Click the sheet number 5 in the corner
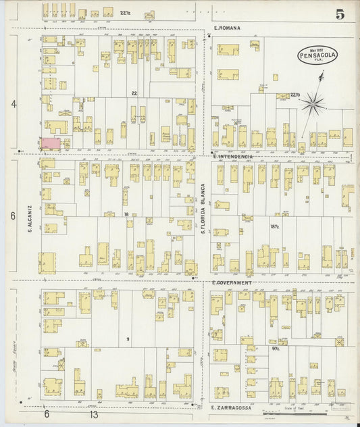coord(339,12)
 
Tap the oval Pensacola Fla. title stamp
coord(317,55)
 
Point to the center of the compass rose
coord(312,103)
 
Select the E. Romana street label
coord(227,28)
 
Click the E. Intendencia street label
coord(232,156)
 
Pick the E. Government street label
coord(231,282)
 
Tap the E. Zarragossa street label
coord(232,408)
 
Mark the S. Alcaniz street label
coord(30,218)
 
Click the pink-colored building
coord(51,143)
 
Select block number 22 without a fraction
coord(134,93)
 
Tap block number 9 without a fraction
coord(127,339)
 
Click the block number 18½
coord(274,227)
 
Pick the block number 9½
coord(277,349)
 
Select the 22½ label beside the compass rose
coord(294,95)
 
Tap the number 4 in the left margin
coord(12,103)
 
